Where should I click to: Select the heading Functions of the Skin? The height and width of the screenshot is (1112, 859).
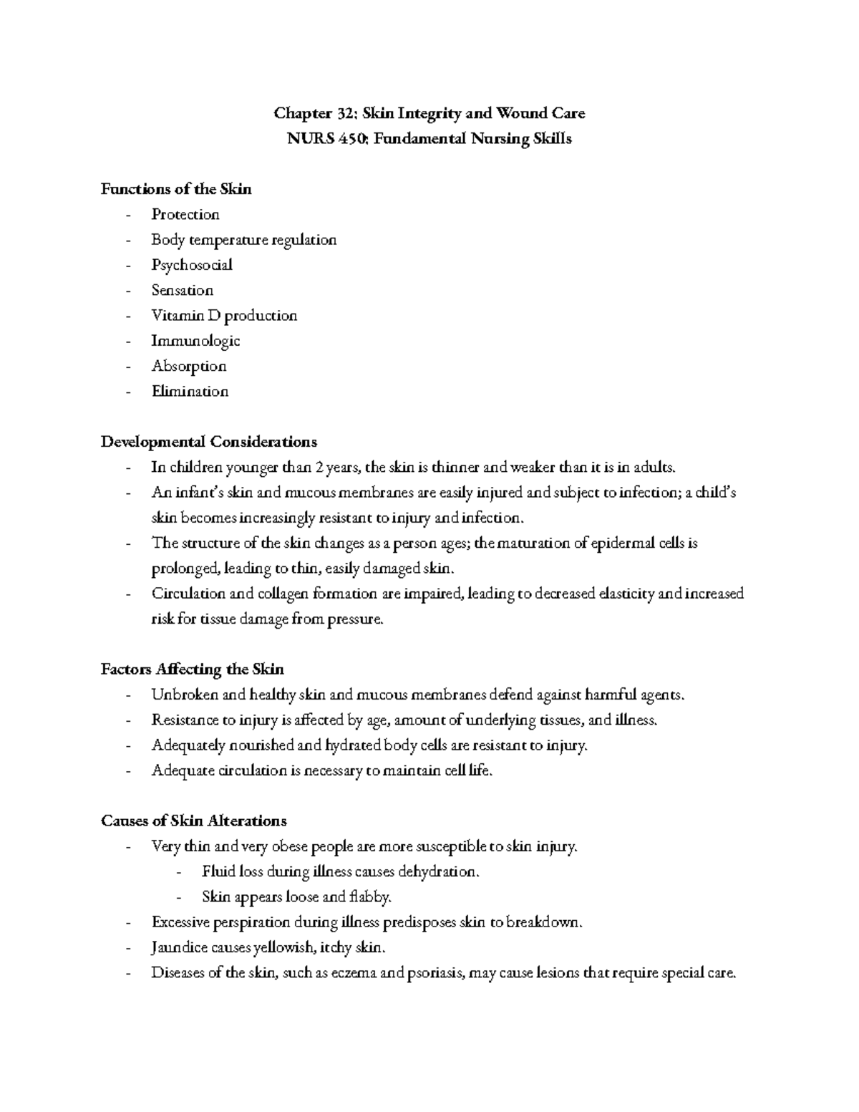[x=176, y=189]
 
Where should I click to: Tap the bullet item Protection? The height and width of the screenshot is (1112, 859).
[x=185, y=215]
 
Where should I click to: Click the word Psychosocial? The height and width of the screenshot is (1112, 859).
[x=192, y=265]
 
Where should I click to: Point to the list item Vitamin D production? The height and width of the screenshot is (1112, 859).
[x=223, y=316]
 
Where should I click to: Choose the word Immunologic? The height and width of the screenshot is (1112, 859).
[x=195, y=341]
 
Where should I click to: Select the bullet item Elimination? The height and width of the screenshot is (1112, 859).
[x=190, y=392]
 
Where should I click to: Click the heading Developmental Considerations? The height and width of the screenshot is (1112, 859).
[x=209, y=442]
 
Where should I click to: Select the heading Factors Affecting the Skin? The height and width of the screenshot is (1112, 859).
[x=193, y=669]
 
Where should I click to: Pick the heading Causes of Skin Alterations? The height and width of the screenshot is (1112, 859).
[x=194, y=821]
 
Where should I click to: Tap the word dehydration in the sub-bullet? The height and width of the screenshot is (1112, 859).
[x=437, y=872]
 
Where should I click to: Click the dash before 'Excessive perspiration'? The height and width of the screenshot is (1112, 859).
[x=128, y=923]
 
